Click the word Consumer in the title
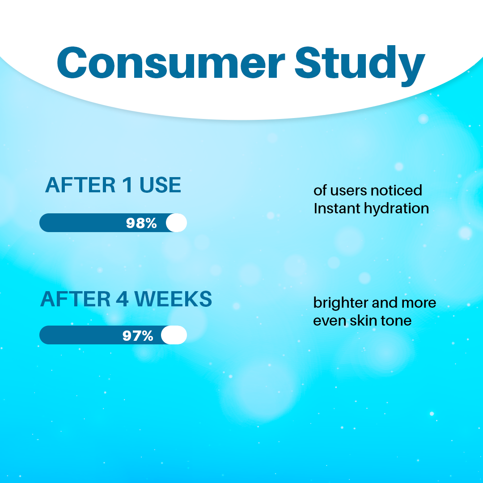click(171, 63)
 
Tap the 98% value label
click(141, 223)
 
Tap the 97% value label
click(138, 335)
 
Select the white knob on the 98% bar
click(177, 222)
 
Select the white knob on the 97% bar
click(174, 335)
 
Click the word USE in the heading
click(160, 185)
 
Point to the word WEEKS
click(174, 299)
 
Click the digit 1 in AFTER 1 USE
click(127, 185)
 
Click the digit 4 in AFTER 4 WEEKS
click(122, 299)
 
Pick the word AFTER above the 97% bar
click(76, 299)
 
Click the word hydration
click(397, 209)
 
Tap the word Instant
click(337, 208)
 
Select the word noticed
click(396, 191)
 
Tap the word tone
click(396, 321)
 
